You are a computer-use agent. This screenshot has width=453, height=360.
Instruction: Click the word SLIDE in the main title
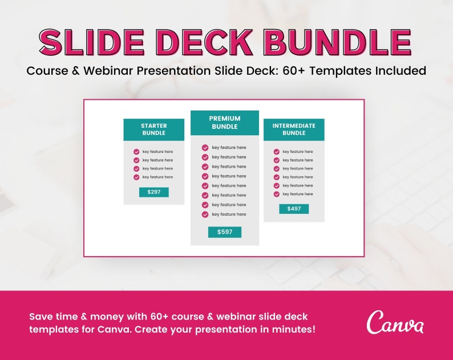86,42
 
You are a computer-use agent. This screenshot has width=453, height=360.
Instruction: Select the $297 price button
154,192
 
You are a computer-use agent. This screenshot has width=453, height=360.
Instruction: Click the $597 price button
224,232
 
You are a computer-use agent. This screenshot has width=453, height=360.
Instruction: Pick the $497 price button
294,209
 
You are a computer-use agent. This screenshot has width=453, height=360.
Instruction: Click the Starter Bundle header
154,130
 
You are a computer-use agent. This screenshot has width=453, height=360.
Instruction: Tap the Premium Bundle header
225,123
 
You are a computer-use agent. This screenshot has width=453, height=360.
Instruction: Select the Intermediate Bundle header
294,130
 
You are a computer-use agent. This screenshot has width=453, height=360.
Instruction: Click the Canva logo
395,323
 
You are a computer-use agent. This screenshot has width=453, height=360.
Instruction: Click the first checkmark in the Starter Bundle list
136,152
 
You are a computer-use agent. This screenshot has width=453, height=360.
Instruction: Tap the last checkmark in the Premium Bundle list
205,215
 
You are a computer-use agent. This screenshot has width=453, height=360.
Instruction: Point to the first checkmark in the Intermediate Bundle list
277,152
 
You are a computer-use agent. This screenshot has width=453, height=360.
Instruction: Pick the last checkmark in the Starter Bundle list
136,177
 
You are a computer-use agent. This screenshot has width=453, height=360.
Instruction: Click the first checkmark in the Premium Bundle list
205,148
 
